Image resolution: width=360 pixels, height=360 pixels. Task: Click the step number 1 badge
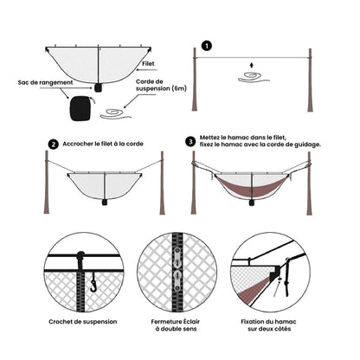207,46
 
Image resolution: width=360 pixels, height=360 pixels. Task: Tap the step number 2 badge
53,144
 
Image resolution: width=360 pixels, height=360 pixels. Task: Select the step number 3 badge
190,142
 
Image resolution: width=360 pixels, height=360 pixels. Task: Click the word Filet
148,63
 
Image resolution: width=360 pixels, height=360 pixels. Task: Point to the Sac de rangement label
45,82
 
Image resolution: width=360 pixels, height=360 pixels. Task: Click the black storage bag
81,109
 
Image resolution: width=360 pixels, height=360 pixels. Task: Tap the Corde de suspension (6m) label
161,86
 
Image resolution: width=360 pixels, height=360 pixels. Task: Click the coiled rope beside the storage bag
115,114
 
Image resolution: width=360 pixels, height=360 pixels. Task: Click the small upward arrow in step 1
252,65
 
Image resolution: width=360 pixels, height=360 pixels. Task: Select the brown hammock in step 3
251,186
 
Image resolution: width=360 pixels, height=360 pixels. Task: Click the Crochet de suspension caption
83,322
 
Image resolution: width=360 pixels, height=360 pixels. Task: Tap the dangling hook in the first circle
93,282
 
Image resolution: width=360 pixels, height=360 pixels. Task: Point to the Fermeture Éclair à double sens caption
176,325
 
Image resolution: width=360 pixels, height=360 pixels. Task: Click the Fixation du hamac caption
269,325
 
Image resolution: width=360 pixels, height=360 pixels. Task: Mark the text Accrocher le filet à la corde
103,144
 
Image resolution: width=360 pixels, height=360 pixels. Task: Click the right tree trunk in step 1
311,80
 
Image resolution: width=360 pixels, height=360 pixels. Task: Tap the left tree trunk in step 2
47,183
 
